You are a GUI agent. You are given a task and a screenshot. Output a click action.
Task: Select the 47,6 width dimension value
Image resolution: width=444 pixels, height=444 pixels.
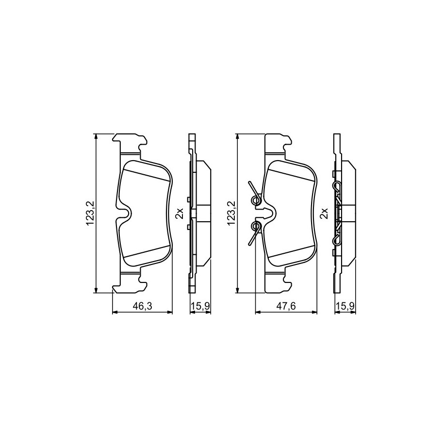point(286,306)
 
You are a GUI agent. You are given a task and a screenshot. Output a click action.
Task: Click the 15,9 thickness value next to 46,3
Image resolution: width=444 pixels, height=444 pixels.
point(200,306)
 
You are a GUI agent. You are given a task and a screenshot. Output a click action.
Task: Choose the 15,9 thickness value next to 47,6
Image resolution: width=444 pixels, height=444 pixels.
point(345,306)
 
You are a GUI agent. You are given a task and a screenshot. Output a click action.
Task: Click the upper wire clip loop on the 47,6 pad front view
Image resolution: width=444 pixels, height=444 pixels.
point(257,201)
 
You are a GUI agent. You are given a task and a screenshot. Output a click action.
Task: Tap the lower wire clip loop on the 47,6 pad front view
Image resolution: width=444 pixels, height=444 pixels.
point(257,226)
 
